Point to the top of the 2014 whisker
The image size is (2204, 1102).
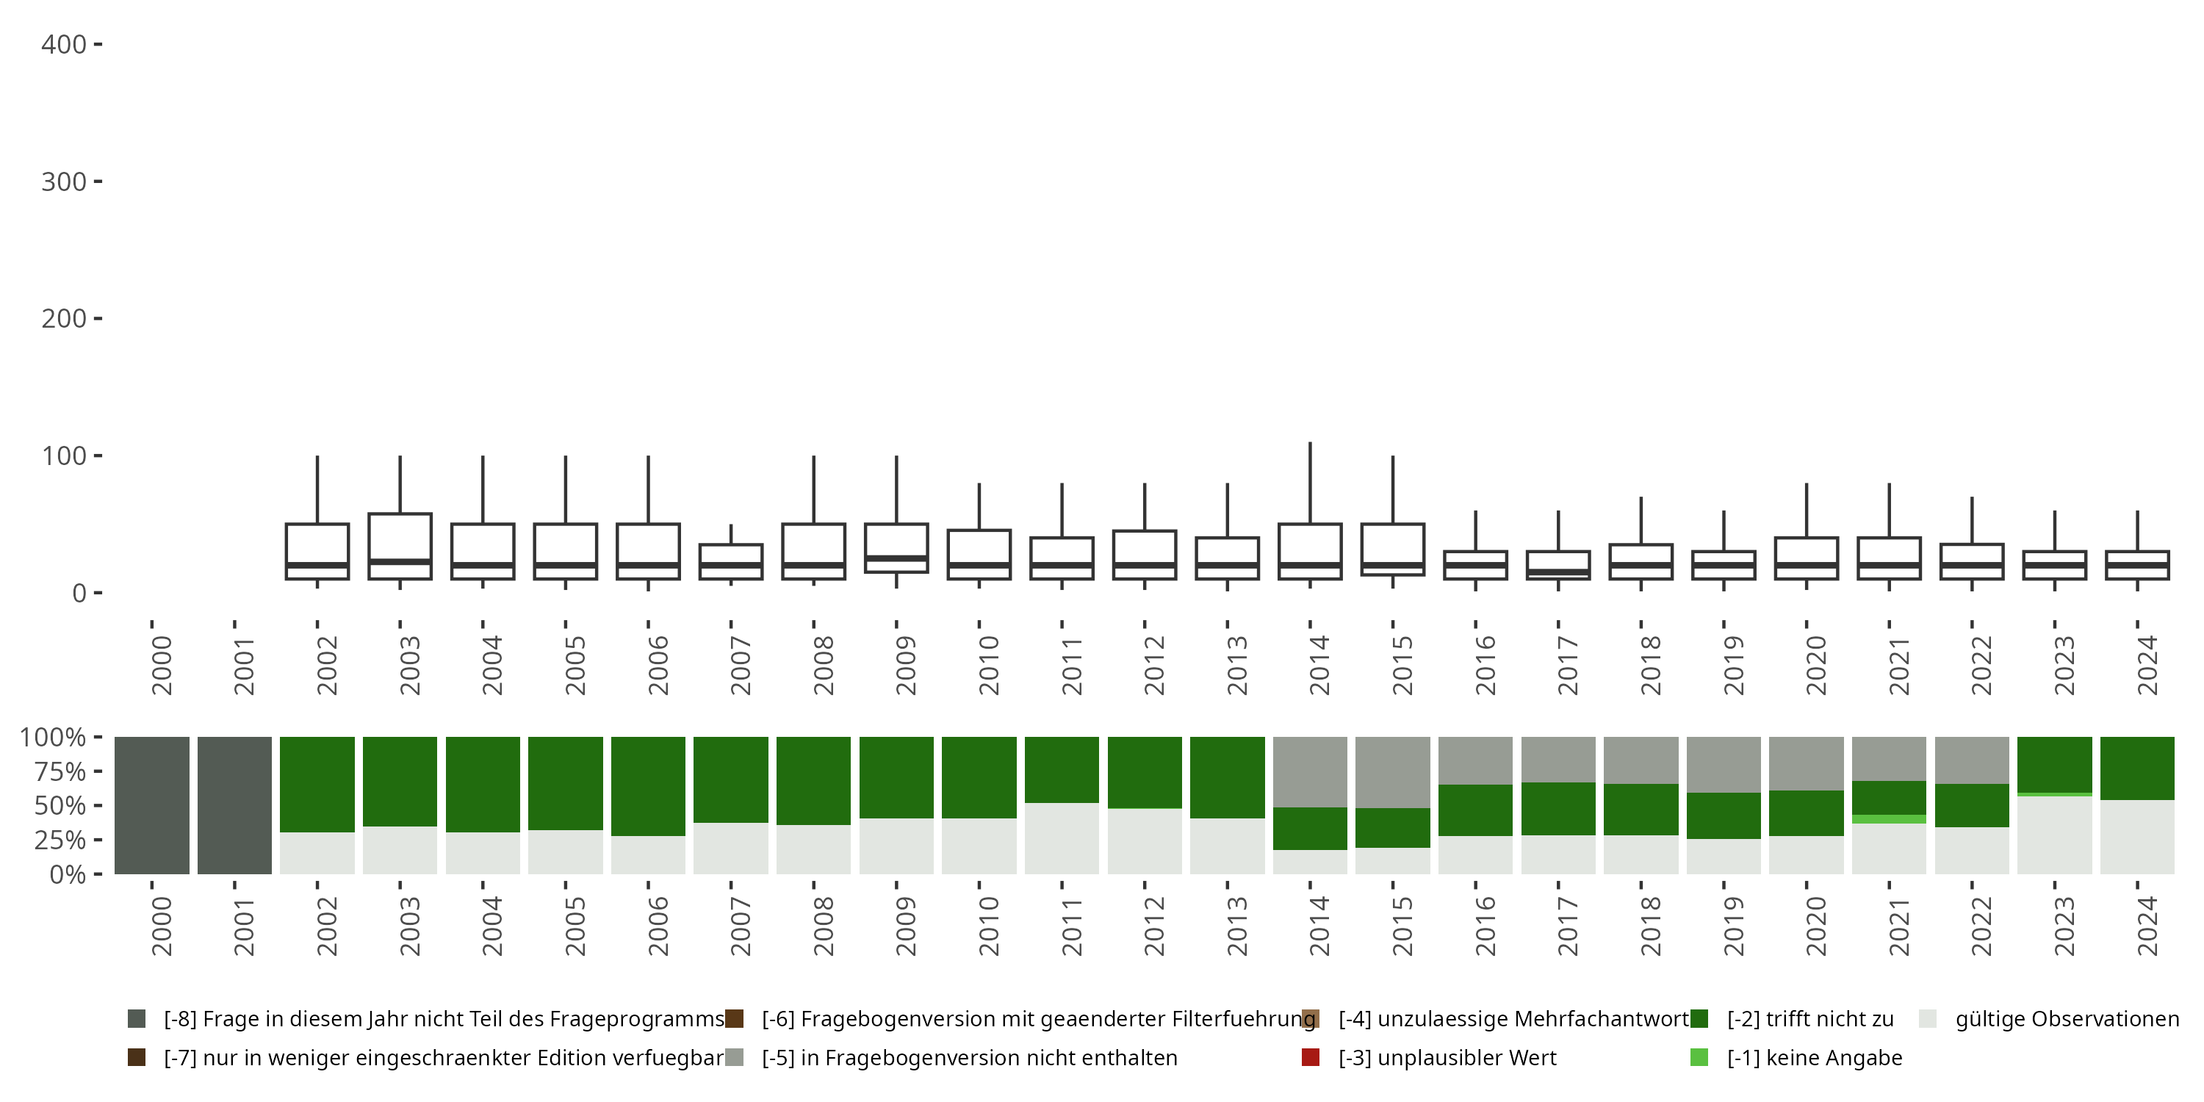(1310, 443)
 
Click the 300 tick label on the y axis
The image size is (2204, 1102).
(63, 181)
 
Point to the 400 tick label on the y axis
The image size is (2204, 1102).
(63, 45)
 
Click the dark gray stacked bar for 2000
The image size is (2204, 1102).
(152, 805)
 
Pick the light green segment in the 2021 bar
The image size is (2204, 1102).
(1889, 819)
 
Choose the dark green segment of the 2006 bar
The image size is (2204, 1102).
(649, 785)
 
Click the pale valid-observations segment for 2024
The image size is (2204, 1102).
(2137, 837)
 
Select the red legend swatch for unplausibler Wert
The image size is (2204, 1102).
(1310, 1057)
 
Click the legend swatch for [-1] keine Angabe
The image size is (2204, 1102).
(1699, 1057)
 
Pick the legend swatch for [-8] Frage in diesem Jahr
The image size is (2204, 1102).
(136, 1019)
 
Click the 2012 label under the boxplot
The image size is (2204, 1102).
(1153, 666)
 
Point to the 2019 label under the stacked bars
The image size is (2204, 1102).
(1732, 926)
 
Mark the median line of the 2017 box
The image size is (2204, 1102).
(1558, 572)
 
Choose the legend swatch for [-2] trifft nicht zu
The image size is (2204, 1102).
(1699, 1019)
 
